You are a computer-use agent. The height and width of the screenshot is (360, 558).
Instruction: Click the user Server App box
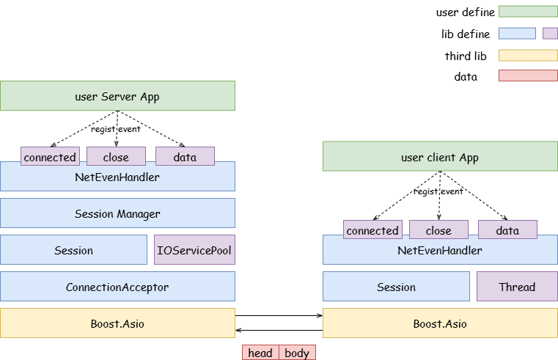tap(117, 96)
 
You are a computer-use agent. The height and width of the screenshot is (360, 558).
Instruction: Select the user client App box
tap(440, 156)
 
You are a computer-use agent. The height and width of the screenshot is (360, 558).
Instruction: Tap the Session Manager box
tap(117, 213)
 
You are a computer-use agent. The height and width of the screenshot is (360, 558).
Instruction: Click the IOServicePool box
tap(194, 250)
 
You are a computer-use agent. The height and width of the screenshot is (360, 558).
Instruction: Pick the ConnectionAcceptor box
tap(117, 287)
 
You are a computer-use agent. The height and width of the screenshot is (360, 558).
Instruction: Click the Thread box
tap(518, 287)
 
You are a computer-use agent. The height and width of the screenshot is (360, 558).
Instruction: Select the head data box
tap(260, 353)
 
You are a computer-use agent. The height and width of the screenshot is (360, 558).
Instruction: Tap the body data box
tap(297, 353)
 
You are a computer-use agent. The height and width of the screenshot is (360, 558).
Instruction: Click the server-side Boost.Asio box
tap(117, 323)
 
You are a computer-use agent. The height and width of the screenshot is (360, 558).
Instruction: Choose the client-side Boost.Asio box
tap(440, 323)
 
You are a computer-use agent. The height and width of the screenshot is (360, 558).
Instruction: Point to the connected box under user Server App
tap(50, 156)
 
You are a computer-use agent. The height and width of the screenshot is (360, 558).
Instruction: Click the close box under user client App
tap(438, 229)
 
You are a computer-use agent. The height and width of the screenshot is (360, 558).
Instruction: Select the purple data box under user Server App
tap(185, 156)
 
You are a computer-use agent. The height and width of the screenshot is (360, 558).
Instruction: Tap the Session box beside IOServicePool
tap(73, 250)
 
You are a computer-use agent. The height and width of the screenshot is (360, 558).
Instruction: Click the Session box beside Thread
tap(397, 287)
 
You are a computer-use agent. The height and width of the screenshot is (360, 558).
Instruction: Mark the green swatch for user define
tap(528, 12)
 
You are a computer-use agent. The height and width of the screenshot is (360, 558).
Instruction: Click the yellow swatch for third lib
tap(528, 56)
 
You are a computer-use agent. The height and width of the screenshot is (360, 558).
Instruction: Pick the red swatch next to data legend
tap(528, 76)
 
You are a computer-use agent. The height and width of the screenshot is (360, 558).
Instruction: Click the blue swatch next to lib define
tap(517, 34)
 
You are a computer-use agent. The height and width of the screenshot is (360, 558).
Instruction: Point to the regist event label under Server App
tap(116, 129)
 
